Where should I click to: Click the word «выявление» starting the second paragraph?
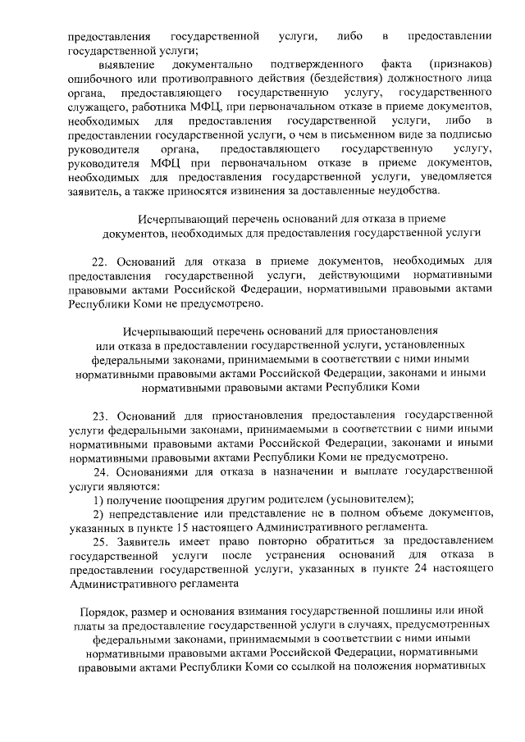pos(122,64)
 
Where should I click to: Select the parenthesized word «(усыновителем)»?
pos(368,499)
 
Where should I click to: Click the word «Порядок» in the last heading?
pos(103,612)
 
